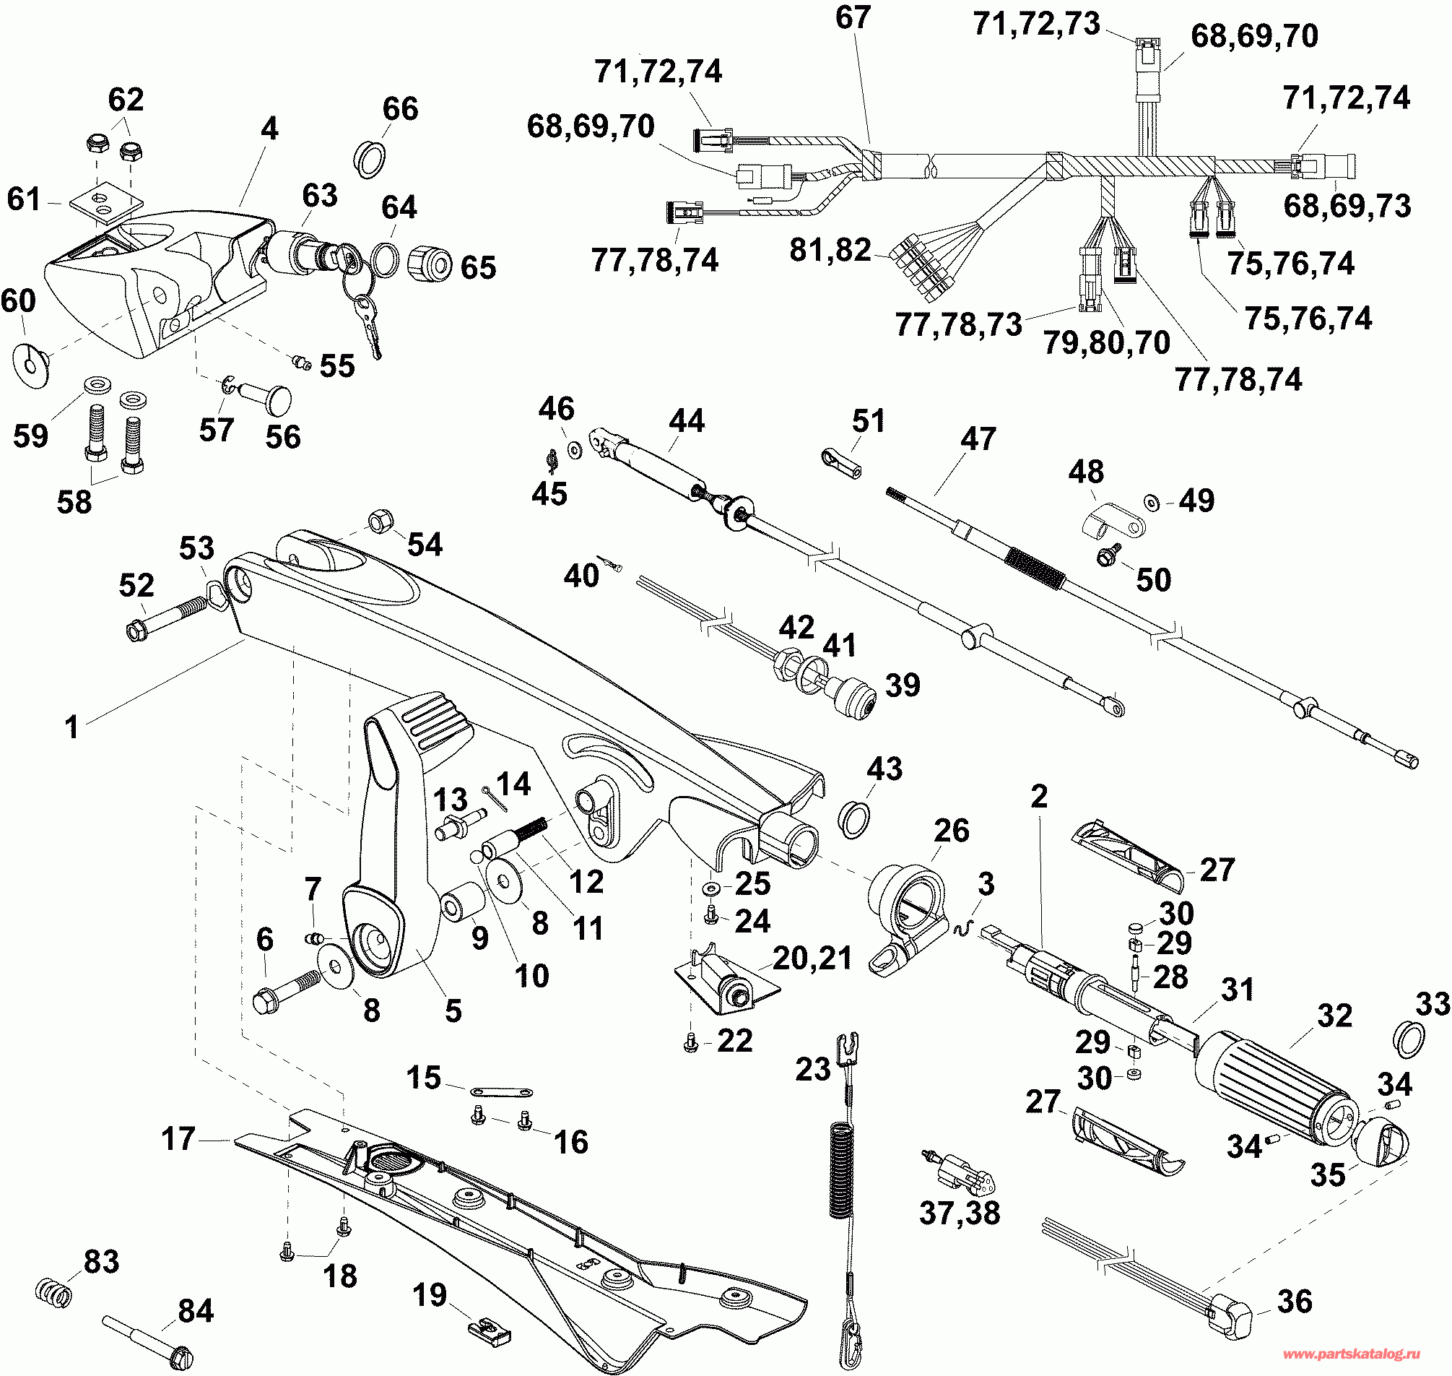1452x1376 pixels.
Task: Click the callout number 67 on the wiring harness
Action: point(852,17)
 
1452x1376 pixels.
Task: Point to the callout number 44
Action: point(687,421)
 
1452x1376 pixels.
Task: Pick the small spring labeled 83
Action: point(54,1290)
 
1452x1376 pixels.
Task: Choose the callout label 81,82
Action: point(830,250)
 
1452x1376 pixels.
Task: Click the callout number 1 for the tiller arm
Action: point(71,727)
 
